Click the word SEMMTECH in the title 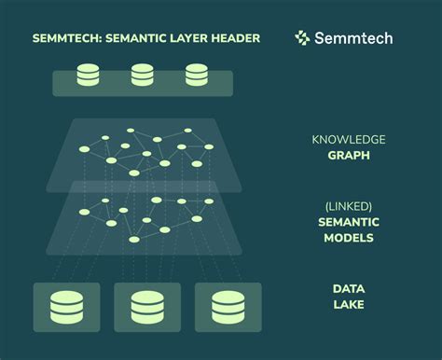click(66, 38)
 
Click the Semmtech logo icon click(302, 38)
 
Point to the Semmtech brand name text click(353, 38)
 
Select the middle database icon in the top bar click(143, 75)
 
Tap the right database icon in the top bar click(196, 75)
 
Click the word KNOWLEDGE click(348, 141)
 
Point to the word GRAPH click(348, 156)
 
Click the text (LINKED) click(349, 204)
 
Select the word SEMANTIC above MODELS click(349, 222)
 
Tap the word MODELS click(349, 238)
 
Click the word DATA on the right click(349, 289)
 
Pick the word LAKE click(349, 305)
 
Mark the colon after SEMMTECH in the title click(103, 38)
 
